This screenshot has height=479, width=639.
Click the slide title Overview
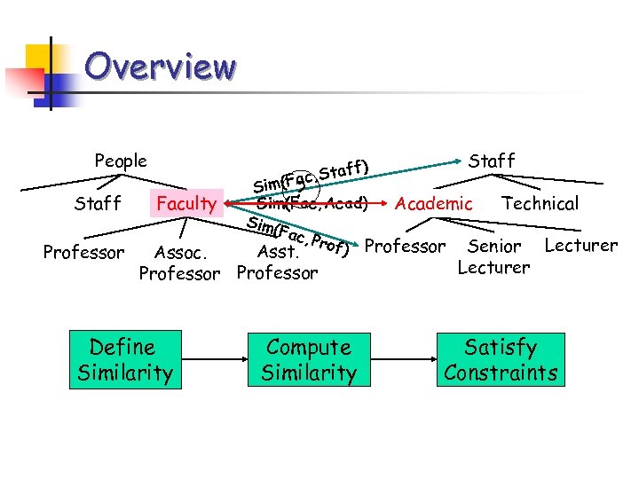161,67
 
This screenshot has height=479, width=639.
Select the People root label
121,161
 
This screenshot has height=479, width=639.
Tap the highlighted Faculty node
186,204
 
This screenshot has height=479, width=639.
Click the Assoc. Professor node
179,263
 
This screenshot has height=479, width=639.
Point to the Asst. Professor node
277,263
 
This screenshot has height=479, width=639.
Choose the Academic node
433,204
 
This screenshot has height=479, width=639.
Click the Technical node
540,204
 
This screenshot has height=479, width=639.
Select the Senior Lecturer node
493,256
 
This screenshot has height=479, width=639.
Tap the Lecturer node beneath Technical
580,246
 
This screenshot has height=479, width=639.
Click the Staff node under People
98,204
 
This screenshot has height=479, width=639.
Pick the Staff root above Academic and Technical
491,161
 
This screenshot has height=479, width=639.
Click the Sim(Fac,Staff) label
310,175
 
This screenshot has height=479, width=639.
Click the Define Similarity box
124,360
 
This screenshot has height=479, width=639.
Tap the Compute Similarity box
309,360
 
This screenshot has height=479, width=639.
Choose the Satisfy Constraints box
501,360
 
